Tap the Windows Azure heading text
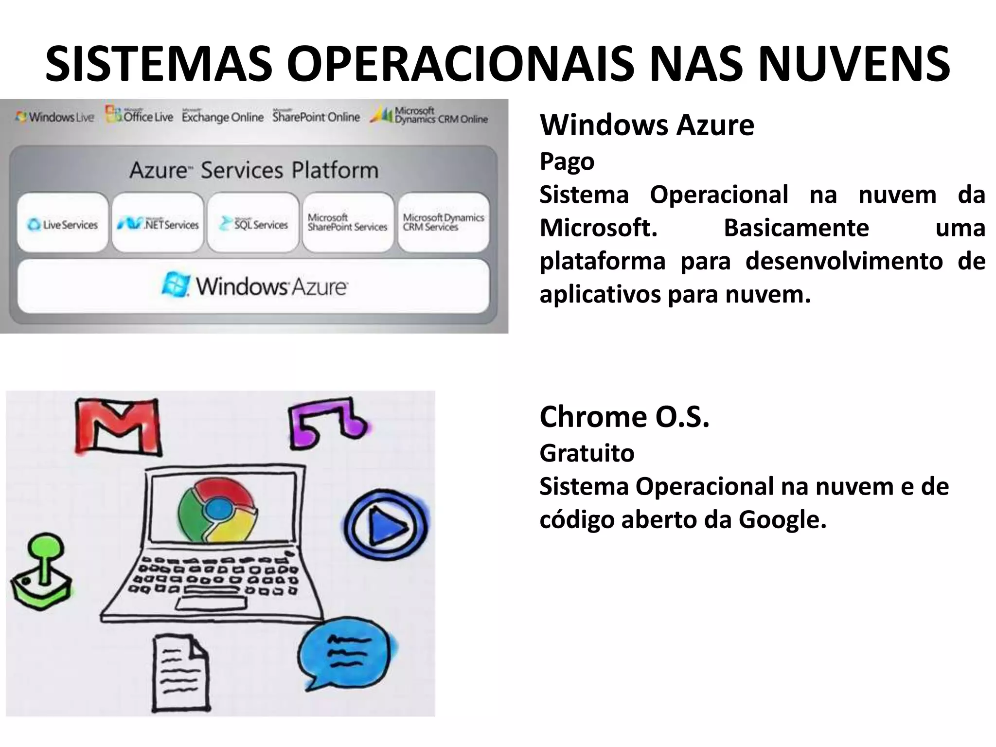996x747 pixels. click(x=647, y=125)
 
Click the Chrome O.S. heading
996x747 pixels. click(x=624, y=417)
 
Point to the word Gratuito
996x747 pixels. click(x=587, y=453)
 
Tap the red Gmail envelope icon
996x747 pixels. click(x=118, y=427)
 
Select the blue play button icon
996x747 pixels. click(x=387, y=525)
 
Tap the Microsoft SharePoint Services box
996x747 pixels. click(x=348, y=223)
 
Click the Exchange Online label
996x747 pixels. click(x=222, y=117)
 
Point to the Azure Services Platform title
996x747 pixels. click(x=254, y=170)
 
